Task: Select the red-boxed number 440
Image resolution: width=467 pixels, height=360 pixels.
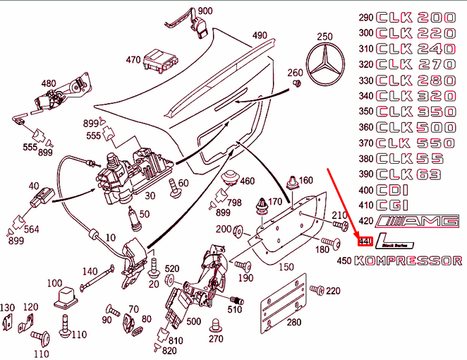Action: (x=365, y=241)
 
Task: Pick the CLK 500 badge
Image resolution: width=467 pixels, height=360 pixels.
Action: (x=416, y=128)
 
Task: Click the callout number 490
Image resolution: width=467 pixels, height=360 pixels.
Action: (x=260, y=35)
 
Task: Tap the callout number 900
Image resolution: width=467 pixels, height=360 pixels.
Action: (x=205, y=11)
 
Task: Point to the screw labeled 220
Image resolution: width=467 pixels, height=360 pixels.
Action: (x=317, y=289)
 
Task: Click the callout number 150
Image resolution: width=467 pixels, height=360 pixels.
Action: (x=286, y=268)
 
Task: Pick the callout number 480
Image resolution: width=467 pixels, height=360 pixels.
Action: (x=48, y=83)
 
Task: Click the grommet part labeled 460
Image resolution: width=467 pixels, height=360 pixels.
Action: (x=229, y=179)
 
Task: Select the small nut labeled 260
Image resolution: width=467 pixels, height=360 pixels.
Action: (x=297, y=85)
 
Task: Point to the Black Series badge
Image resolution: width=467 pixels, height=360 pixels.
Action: (x=389, y=241)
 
